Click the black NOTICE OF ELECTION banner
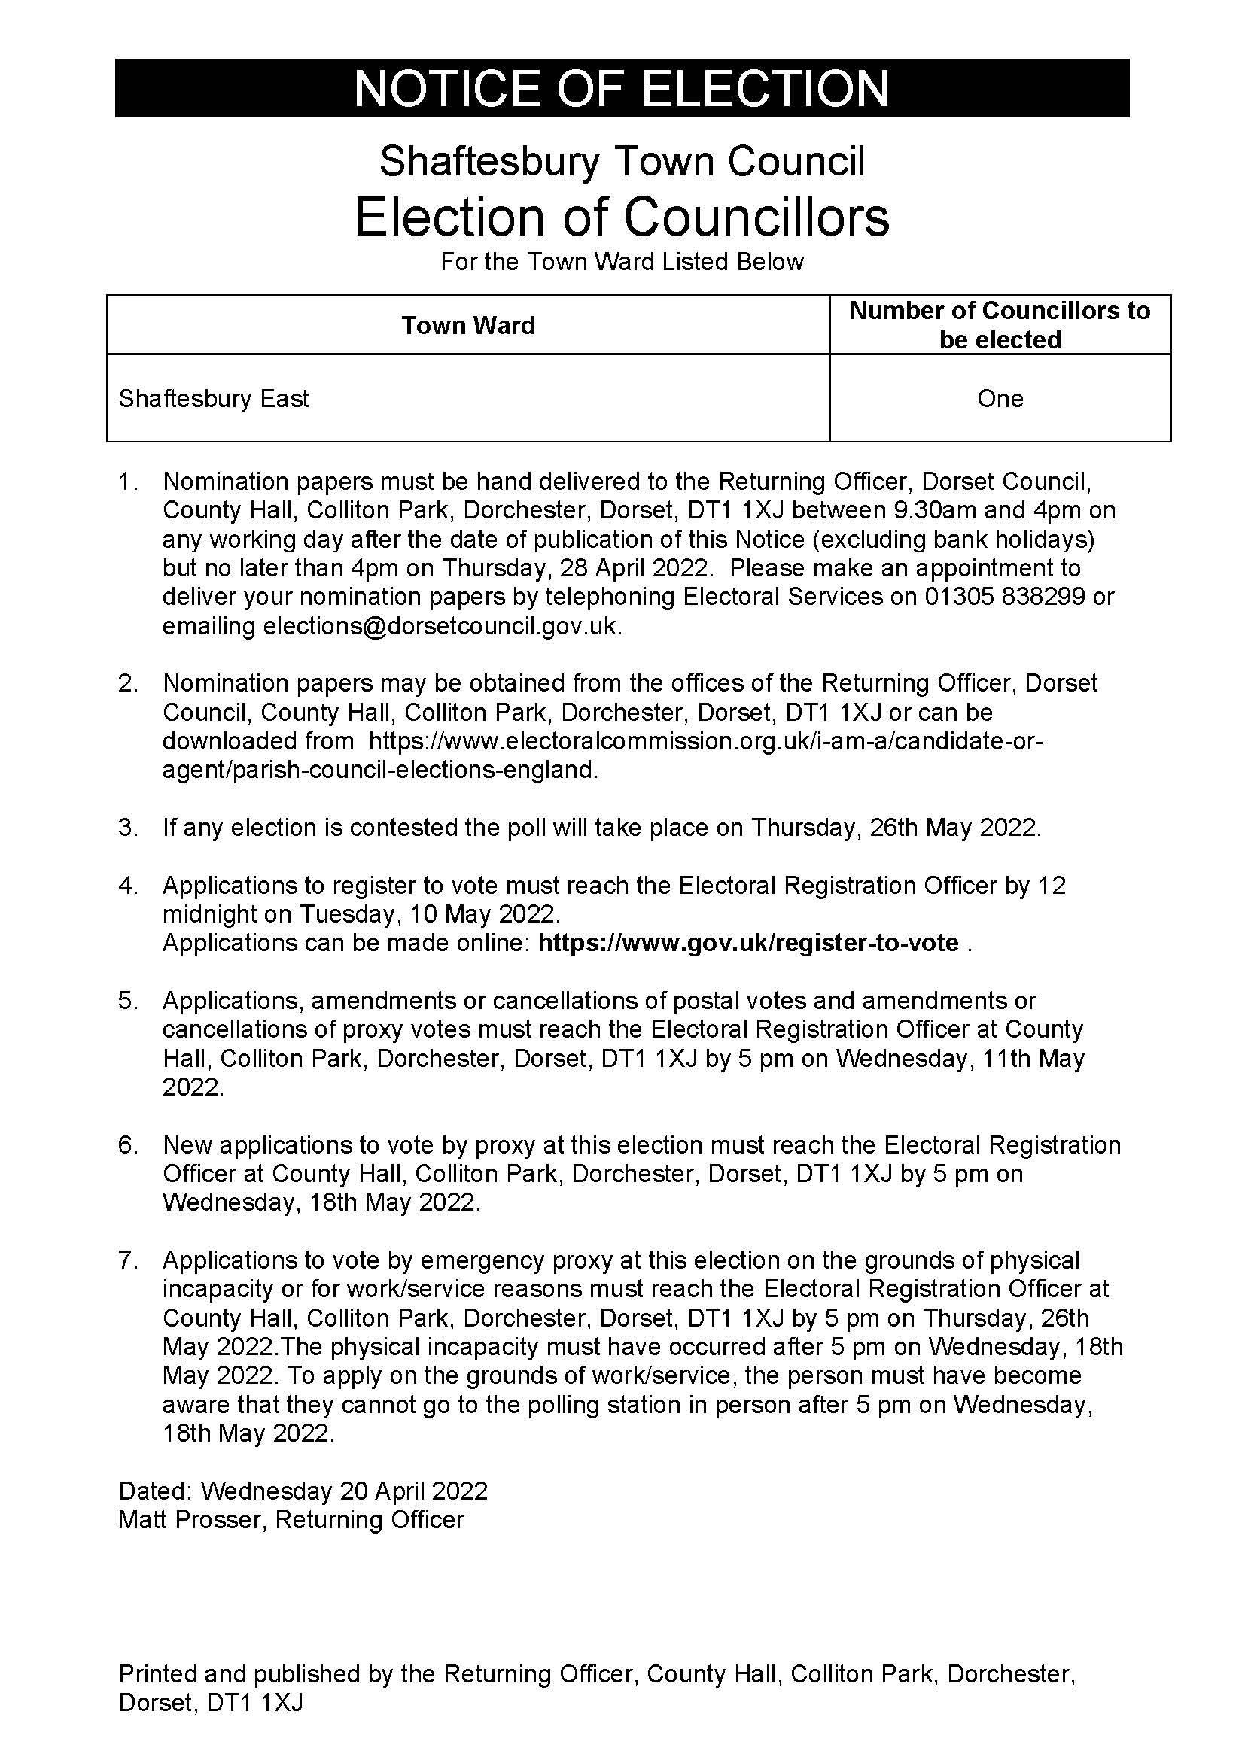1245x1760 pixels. point(622,88)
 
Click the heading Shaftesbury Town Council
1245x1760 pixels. point(622,162)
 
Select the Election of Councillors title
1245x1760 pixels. point(622,217)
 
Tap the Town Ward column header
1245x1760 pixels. point(467,325)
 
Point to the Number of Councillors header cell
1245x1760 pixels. point(1000,325)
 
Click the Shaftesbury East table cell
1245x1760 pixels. point(214,399)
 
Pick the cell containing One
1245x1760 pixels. point(1000,399)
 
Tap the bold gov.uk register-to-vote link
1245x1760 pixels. point(748,942)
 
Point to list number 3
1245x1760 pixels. point(128,828)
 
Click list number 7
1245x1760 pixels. point(128,1260)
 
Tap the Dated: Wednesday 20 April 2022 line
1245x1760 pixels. point(303,1490)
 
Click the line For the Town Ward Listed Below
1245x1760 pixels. point(622,262)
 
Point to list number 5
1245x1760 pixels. point(128,1000)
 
